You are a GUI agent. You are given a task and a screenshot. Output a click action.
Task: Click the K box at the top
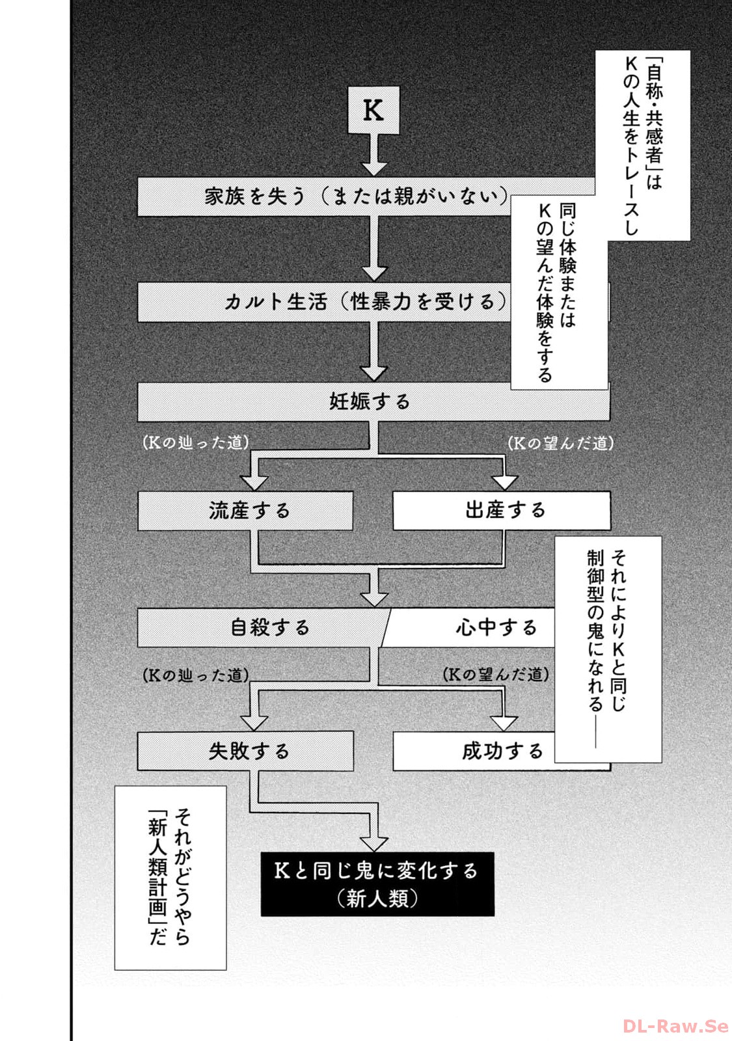coord(373,110)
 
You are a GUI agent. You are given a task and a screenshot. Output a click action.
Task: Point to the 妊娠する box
coord(370,401)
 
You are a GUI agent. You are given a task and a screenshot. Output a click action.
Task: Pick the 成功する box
coord(475,751)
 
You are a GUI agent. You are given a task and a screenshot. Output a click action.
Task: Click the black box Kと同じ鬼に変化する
coord(377,884)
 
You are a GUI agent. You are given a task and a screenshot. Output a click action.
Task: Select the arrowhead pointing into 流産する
coord(254,482)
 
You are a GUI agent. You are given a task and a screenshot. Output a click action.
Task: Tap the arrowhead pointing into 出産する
coord(504,482)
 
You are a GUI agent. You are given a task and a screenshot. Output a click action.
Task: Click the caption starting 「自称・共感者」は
coord(642,145)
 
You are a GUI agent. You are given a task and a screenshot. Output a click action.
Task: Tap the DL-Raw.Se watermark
coord(675,1026)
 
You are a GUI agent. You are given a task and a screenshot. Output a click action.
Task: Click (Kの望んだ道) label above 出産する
coord(560,444)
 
